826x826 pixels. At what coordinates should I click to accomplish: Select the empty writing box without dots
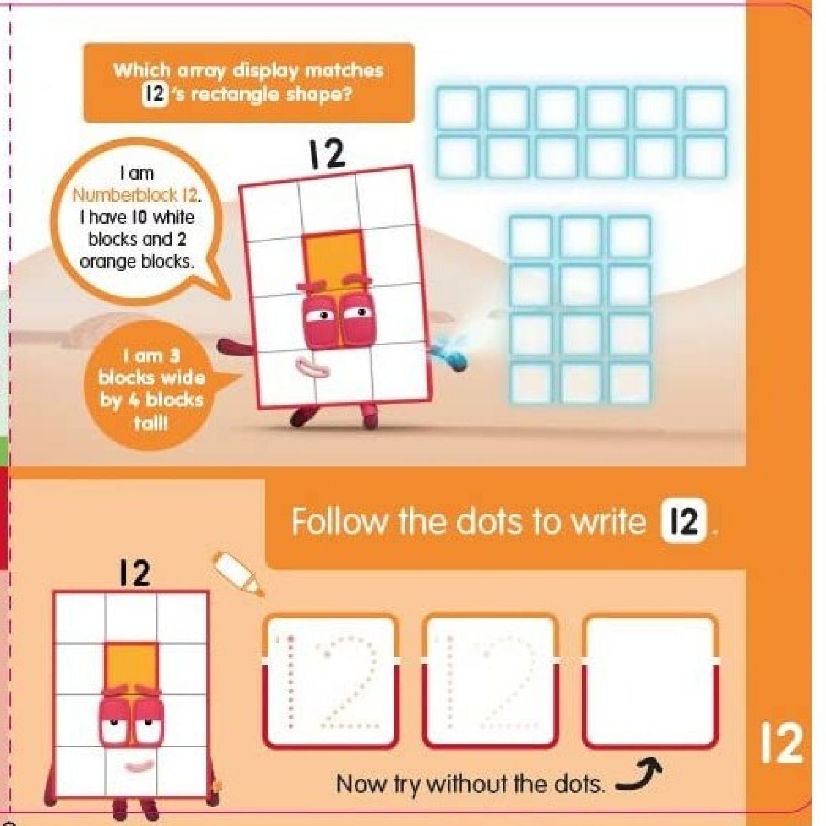tap(651, 682)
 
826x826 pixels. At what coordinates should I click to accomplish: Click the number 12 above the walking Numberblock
tap(327, 154)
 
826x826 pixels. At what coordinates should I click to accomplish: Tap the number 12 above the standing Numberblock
tap(135, 573)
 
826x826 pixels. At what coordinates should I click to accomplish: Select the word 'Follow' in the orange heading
tap(339, 520)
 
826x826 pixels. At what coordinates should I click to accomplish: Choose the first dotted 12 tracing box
tap(330, 682)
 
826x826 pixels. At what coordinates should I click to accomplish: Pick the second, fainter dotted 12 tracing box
tap(491, 682)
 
